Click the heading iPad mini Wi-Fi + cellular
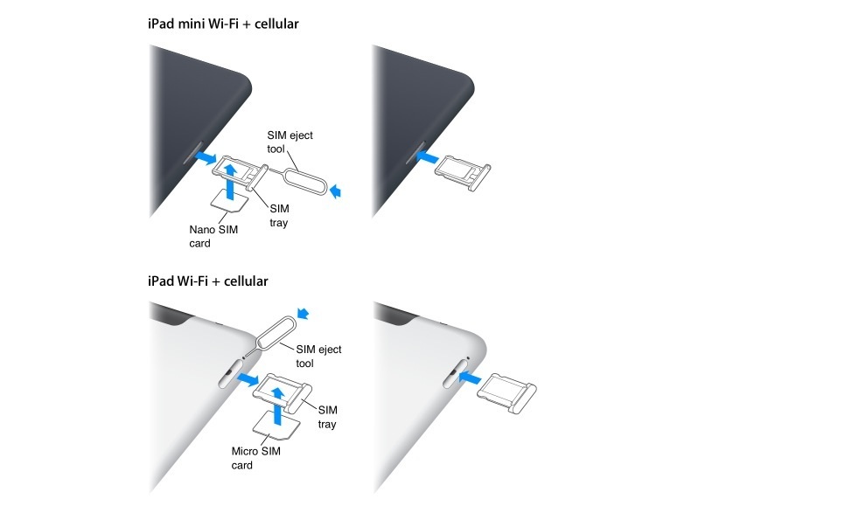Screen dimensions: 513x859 click(223, 24)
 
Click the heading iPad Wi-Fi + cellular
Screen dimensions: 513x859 click(208, 281)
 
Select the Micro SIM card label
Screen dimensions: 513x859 click(254, 458)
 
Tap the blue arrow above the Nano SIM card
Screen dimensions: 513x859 click(230, 175)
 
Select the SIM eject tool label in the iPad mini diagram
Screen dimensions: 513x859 click(290, 142)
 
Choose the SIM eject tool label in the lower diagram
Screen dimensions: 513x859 click(318, 356)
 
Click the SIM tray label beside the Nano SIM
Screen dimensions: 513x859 click(279, 216)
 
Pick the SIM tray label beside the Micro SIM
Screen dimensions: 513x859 click(327, 416)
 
